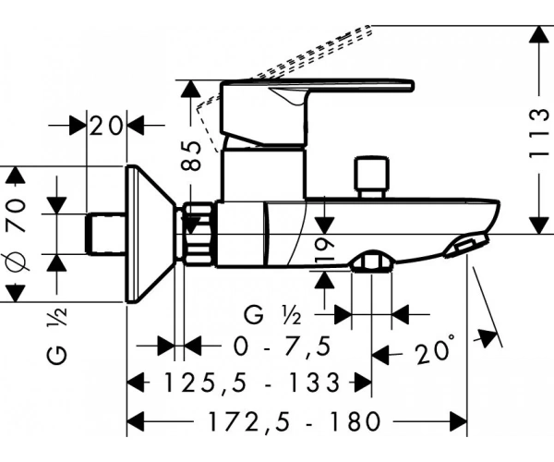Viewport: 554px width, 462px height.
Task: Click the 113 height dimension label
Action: tap(539, 134)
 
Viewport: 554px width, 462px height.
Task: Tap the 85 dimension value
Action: tap(192, 155)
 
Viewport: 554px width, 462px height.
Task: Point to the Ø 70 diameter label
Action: tap(17, 234)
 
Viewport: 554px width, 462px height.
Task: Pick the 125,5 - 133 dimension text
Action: tap(252, 383)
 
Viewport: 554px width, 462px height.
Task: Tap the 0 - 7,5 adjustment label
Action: tap(283, 346)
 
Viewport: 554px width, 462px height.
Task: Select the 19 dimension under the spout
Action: tap(324, 250)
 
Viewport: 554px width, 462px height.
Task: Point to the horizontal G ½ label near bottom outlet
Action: tap(272, 314)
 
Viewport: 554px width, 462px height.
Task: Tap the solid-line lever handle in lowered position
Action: tap(317, 113)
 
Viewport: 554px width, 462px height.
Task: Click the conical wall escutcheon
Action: tap(151, 234)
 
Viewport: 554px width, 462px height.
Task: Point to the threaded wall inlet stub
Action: tap(105, 234)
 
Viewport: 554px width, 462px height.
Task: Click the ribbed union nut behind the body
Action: tap(199, 234)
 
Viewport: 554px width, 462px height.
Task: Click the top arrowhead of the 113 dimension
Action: tap(538, 34)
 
